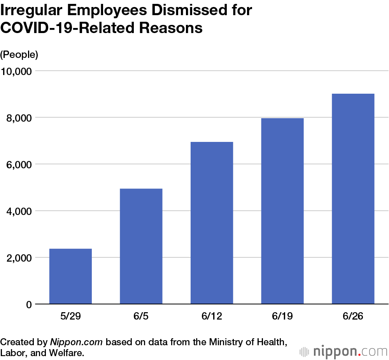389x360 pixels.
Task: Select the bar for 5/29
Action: [x=70, y=276]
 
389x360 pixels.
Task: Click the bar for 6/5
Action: [x=141, y=246]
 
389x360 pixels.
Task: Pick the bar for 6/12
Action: [x=212, y=223]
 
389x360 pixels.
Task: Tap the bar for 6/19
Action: [x=282, y=211]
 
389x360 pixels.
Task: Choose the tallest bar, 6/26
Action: [x=353, y=199]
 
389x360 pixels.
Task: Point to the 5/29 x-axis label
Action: [x=70, y=316]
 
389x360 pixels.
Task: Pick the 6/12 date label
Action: [x=212, y=316]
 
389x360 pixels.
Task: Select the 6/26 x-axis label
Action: [x=353, y=316]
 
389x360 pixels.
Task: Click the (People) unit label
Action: [x=19, y=55]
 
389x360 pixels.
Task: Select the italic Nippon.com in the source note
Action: [x=76, y=343]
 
